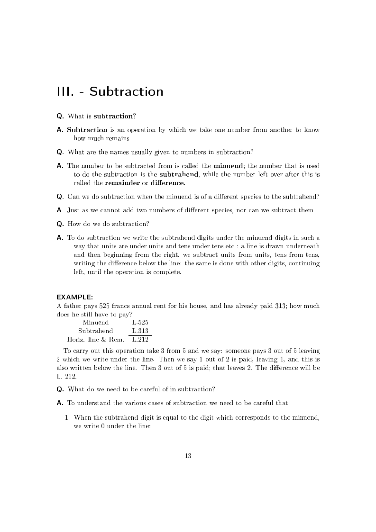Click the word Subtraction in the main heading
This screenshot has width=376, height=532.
126,91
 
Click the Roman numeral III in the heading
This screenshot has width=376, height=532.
64,91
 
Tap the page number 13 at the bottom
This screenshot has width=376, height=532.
188,456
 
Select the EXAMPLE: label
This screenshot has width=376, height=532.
74,297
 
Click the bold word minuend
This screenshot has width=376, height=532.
229,166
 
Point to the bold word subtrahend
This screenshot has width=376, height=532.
179,174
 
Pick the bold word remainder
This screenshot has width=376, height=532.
122,183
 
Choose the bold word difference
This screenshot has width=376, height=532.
167,183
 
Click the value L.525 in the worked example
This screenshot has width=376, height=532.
140,322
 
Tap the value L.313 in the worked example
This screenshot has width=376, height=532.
140,331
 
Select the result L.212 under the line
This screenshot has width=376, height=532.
140,339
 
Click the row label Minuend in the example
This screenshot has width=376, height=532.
95,322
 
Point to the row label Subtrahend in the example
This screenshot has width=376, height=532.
95,331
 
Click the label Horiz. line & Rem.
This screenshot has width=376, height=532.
95,339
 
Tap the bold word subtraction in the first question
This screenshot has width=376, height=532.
113,116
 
